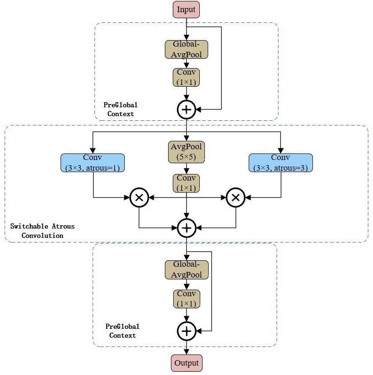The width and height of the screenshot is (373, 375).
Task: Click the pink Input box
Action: [x=186, y=9]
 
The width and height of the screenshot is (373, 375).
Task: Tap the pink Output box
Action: [x=186, y=363]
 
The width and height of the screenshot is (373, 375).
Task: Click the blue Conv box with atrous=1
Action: [x=93, y=162]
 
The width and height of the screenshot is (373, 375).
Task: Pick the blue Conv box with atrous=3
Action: [x=280, y=162]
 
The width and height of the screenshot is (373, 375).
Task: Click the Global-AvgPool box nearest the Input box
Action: [x=186, y=49]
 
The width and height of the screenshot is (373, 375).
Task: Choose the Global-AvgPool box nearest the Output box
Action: [x=186, y=270]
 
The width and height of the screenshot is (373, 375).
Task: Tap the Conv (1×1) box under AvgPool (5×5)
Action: [x=186, y=183]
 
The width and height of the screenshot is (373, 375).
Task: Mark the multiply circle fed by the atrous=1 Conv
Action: [x=139, y=197]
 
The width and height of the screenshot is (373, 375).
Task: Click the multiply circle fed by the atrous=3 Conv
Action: [x=236, y=197]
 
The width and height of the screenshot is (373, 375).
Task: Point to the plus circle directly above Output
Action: [x=186, y=331]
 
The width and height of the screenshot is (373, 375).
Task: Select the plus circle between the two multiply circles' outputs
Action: [x=186, y=228]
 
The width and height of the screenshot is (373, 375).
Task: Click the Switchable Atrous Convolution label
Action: [x=42, y=231]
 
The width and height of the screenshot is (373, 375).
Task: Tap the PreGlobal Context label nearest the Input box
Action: [x=121, y=110]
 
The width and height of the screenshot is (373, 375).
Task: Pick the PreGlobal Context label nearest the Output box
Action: [x=122, y=331]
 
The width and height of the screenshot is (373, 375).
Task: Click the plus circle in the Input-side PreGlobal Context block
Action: [x=186, y=110]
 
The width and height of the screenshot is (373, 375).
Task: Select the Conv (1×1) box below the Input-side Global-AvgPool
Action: [x=186, y=77]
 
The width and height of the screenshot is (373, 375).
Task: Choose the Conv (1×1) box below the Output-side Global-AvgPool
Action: [x=186, y=299]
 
